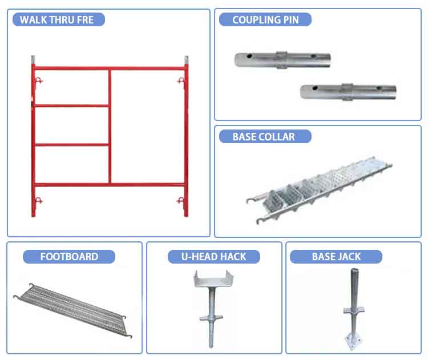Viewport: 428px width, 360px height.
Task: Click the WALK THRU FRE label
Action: pos(56,19)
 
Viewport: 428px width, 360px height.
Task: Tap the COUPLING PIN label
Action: pos(265,19)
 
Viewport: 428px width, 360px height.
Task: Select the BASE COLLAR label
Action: pos(264,137)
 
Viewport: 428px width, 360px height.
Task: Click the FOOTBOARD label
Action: pos(69,257)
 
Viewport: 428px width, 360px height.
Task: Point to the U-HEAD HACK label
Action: pos(214,257)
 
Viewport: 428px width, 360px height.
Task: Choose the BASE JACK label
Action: pos(336,257)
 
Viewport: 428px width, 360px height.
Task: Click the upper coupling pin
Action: pos(282,60)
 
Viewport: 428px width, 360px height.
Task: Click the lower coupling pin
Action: pos(348,92)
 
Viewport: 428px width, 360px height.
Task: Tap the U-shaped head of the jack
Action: pos(213,279)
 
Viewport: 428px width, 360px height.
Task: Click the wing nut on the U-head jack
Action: pos(211,318)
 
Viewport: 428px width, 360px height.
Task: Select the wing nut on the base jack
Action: pos(354,310)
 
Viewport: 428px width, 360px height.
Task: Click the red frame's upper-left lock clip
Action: pos(38,81)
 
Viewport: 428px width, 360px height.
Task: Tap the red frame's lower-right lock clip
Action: pos(181,201)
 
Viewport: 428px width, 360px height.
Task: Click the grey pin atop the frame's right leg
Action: pos(187,60)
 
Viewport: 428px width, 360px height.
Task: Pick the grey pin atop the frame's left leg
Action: pos(33,60)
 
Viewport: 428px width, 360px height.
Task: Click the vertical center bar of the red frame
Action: pos(110,126)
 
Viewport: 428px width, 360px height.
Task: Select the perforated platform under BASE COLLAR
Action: pos(320,189)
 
